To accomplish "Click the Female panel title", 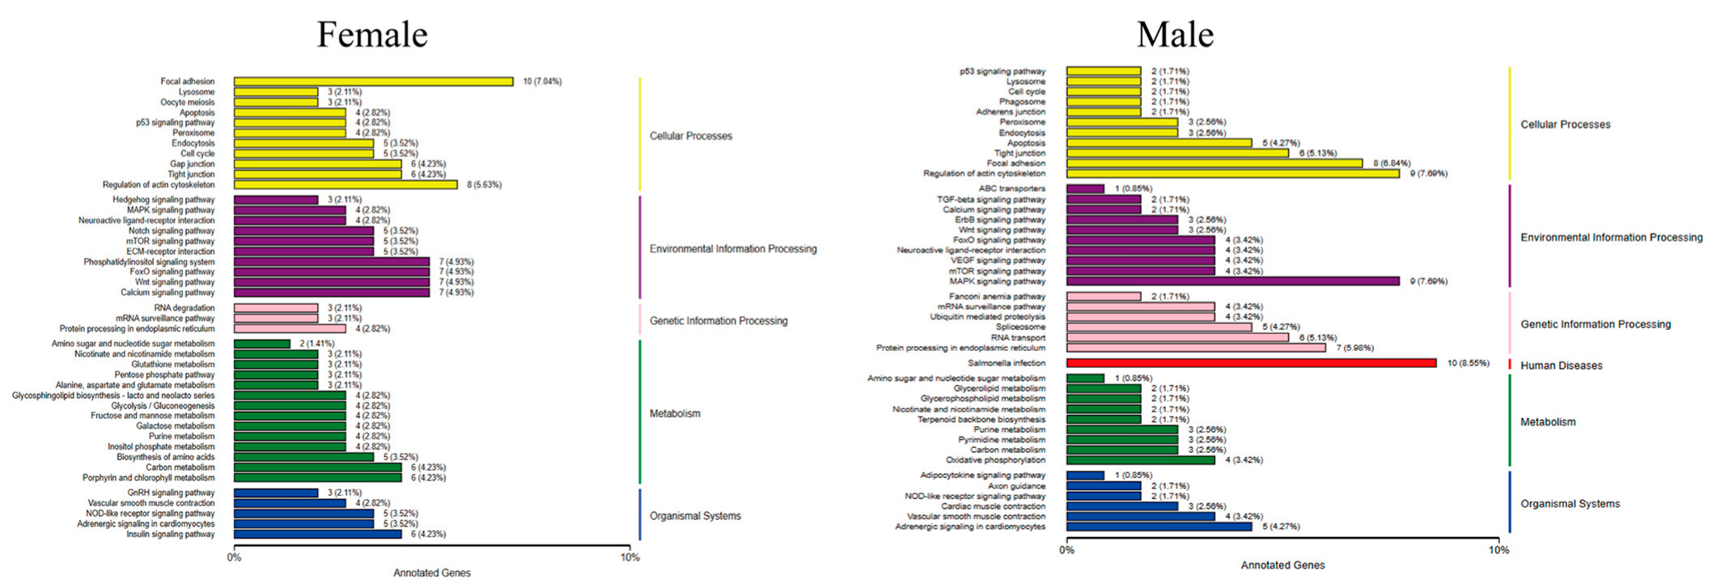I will pyautogui.click(x=371, y=35).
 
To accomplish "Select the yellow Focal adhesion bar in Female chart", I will pyautogui.click(x=373, y=82).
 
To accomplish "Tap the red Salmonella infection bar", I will pyautogui.click(x=1251, y=363).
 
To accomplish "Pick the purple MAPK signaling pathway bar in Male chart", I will pyautogui.click(x=1232, y=281).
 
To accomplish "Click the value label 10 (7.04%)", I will pyautogui.click(x=542, y=82).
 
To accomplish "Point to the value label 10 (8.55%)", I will pyautogui.click(x=1468, y=363).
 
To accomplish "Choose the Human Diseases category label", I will pyautogui.click(x=1561, y=366).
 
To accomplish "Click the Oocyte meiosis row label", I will pyautogui.click(x=187, y=103).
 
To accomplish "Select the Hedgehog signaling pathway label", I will pyautogui.click(x=163, y=200).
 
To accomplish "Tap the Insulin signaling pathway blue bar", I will pyautogui.click(x=317, y=534).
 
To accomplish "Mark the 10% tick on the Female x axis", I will pyautogui.click(x=630, y=557).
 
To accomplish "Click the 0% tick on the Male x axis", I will pyautogui.click(x=1066, y=550).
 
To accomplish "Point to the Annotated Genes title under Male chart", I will pyautogui.click(x=1282, y=565).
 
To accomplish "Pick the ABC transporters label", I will pyautogui.click(x=1011, y=188).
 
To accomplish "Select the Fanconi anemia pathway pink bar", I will pyautogui.click(x=1104, y=297).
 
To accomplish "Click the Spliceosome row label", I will pyautogui.click(x=1020, y=328).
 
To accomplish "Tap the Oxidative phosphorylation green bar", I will pyautogui.click(x=1140, y=460).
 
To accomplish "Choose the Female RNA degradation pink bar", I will pyautogui.click(x=276, y=308).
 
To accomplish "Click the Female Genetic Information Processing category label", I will pyautogui.click(x=719, y=321).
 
